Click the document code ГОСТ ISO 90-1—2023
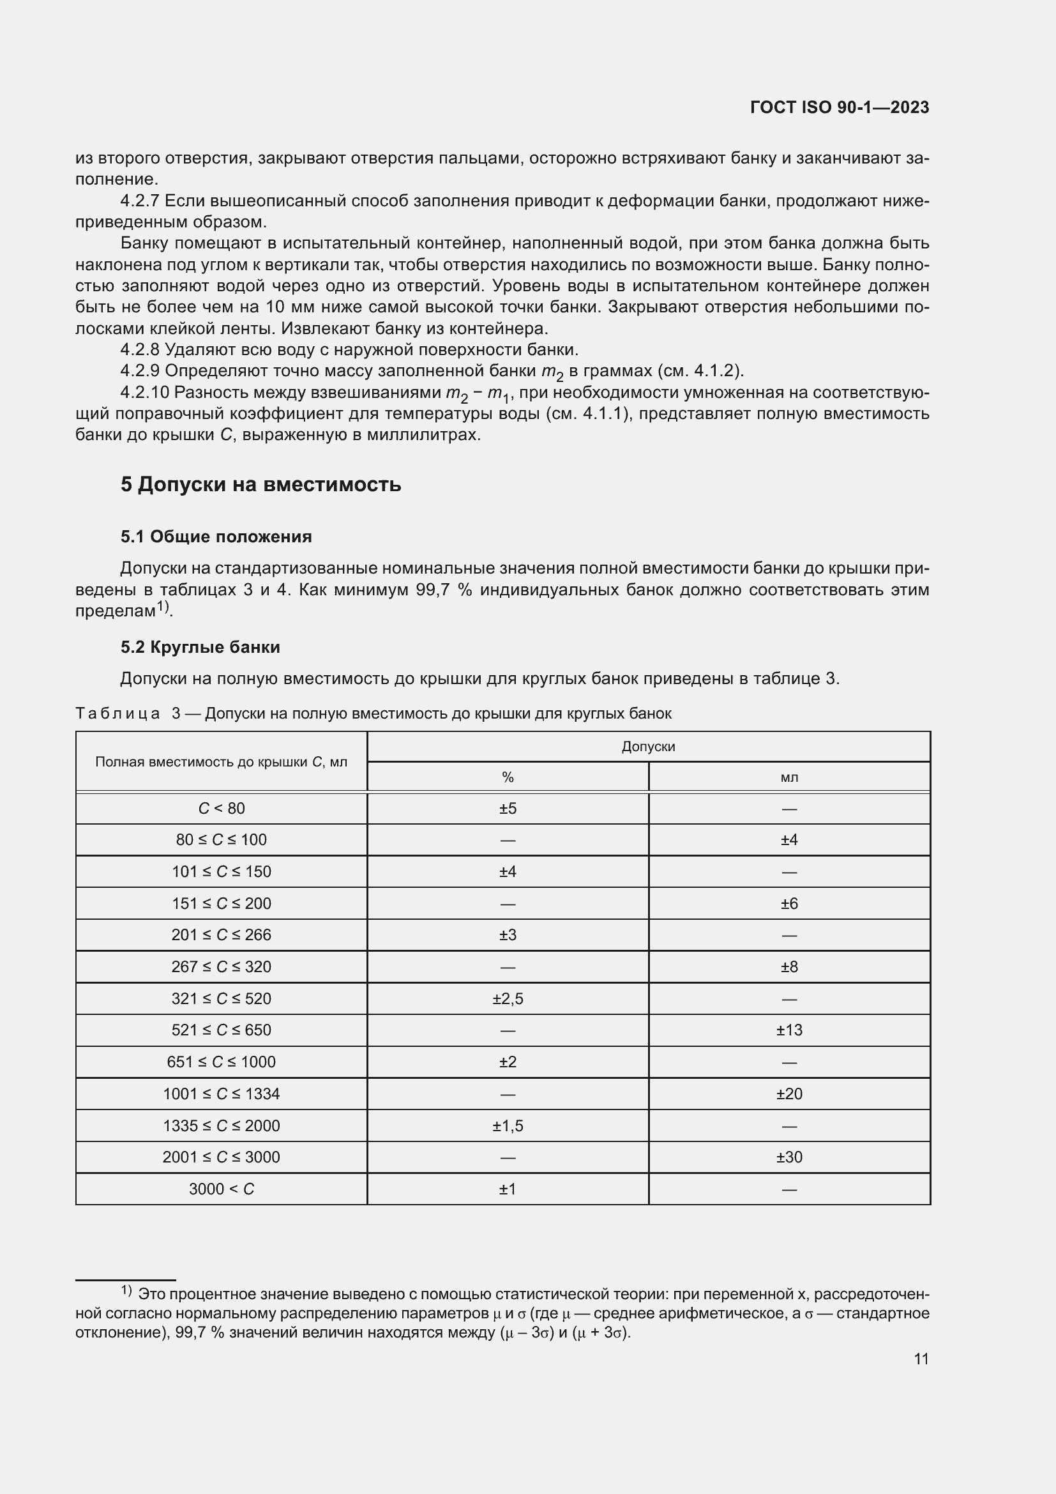[x=839, y=107]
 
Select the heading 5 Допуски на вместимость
[x=260, y=485]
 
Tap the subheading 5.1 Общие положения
[x=216, y=537]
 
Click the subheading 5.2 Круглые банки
[x=200, y=648]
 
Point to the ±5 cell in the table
[x=508, y=808]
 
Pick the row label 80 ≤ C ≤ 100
[x=221, y=840]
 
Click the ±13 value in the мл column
[x=788, y=1030]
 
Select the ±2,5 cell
[x=508, y=999]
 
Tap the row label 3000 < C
[x=221, y=1189]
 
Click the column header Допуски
[x=648, y=746]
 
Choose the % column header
[x=508, y=777]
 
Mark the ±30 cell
[x=788, y=1157]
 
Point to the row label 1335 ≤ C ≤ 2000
[x=221, y=1125]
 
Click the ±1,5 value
[x=508, y=1125]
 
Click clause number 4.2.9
[x=140, y=371]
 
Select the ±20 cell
[x=788, y=1094]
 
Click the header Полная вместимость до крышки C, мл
[x=221, y=762]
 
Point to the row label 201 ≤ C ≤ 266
[x=221, y=935]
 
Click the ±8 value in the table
[x=788, y=967]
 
